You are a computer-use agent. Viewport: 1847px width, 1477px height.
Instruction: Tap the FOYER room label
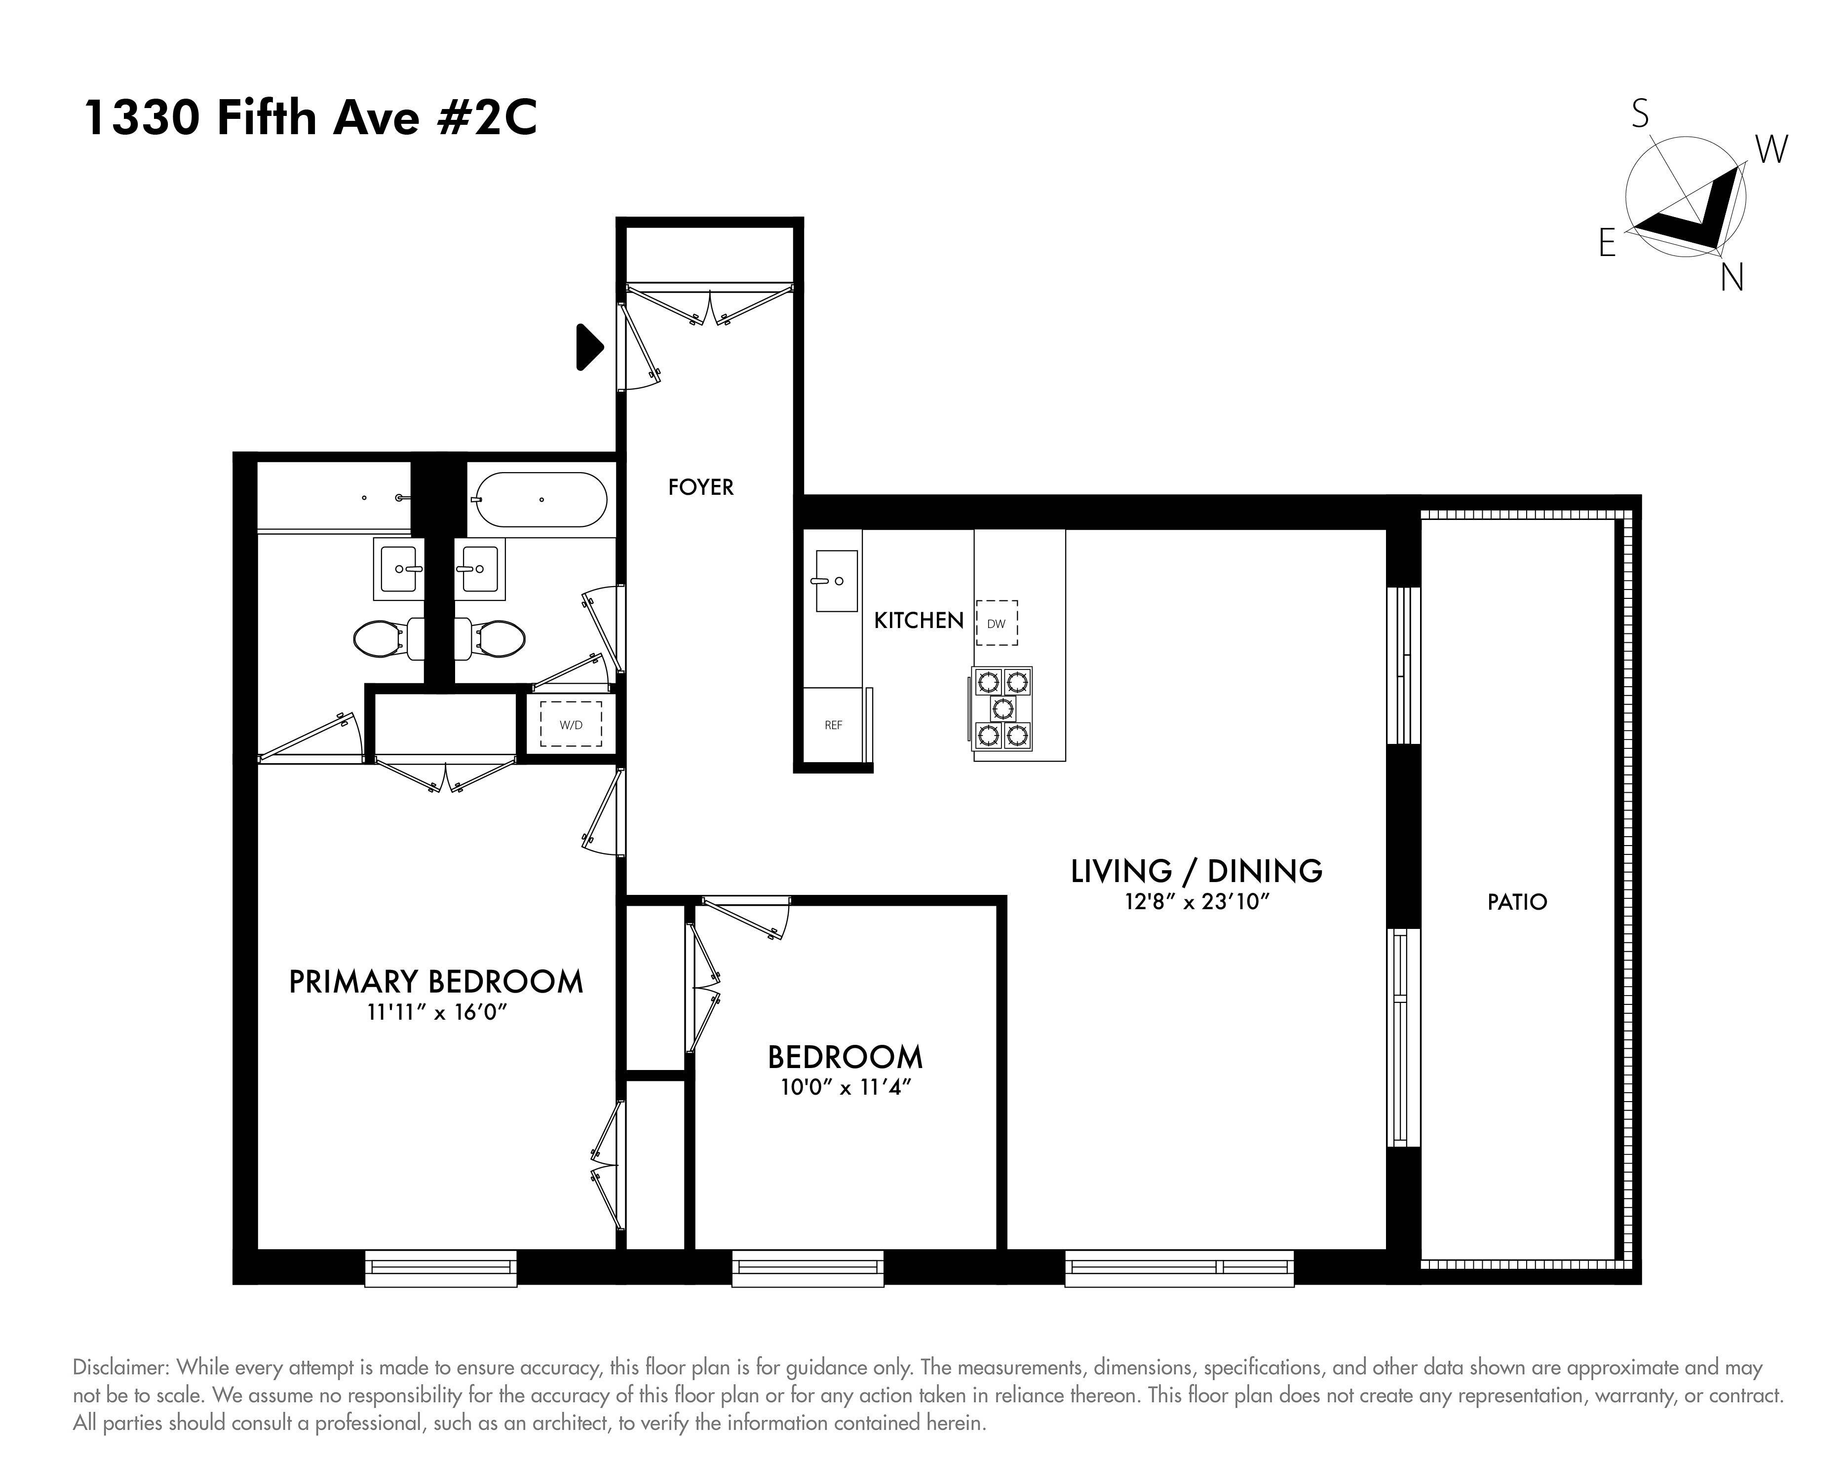(701, 487)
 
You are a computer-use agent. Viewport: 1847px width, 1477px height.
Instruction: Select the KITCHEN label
(919, 621)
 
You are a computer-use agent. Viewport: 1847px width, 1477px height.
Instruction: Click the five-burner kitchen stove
(1002, 708)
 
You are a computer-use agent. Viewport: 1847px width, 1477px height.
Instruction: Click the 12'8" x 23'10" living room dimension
(1196, 902)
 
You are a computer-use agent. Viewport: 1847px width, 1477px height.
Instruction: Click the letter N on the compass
(1732, 277)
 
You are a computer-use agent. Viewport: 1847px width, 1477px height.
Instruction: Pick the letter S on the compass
(1640, 113)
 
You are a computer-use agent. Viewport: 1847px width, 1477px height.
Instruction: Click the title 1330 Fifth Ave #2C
(310, 118)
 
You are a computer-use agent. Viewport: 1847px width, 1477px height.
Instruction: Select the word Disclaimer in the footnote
(120, 1367)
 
